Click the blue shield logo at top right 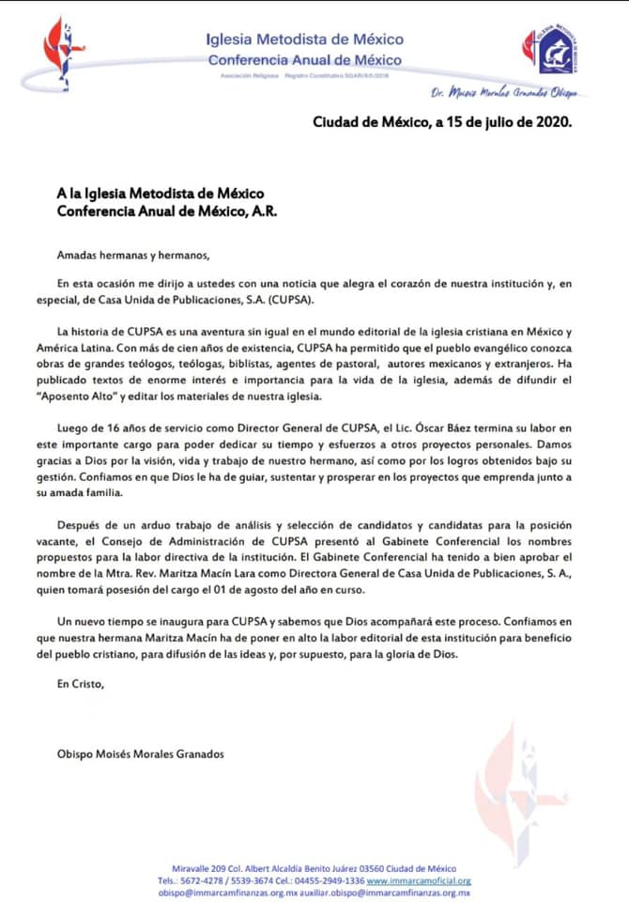549,53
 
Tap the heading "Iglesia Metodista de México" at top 305,39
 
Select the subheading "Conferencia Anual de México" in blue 305,59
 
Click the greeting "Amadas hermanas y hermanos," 134,255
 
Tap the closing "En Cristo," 81,683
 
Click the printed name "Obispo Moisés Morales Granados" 141,754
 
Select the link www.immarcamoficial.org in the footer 419,881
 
